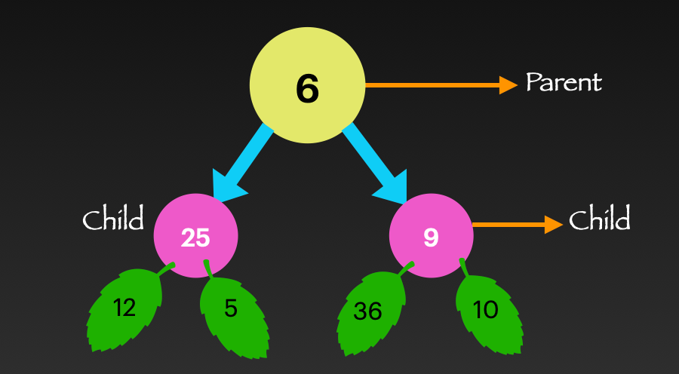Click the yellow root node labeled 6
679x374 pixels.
pos(307,86)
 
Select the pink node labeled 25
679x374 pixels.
pos(196,236)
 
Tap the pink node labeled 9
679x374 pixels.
pos(431,236)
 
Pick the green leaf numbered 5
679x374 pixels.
pos(232,313)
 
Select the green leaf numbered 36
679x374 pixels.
pos(370,311)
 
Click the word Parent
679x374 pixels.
pos(564,82)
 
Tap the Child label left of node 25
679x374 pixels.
pos(113,220)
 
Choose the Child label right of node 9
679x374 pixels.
pos(599,220)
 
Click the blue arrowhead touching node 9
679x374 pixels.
pos(394,186)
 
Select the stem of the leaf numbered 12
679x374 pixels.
pos(165,268)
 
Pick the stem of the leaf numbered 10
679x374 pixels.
pos(463,268)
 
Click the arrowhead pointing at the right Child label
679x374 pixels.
pos(553,224)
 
